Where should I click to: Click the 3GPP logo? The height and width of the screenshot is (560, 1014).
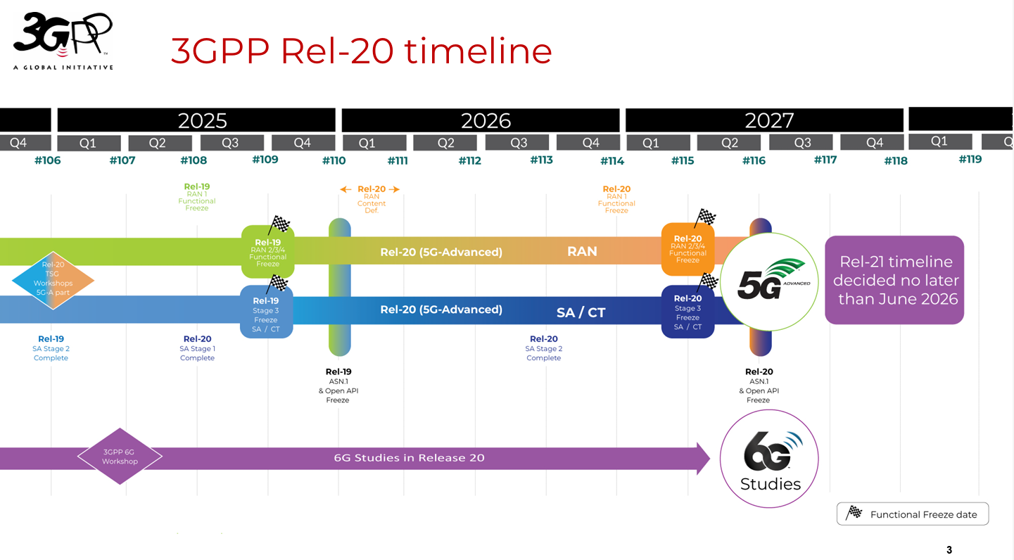(63, 41)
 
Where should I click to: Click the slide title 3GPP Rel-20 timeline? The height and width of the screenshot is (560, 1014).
(361, 51)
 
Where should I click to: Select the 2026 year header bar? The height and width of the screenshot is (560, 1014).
(481, 120)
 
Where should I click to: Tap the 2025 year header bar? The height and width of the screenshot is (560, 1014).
(196, 120)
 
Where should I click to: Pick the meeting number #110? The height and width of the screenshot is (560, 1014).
(334, 160)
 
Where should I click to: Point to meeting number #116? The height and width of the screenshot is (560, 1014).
(754, 160)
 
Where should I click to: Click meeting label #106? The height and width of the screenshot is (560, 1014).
(48, 160)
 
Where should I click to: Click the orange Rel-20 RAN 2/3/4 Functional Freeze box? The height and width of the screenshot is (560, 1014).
(687, 249)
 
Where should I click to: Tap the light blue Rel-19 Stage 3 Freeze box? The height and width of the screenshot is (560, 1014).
(266, 312)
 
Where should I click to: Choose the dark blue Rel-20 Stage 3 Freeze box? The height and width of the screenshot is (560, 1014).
(687, 312)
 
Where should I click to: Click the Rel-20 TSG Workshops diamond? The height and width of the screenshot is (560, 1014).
(53, 280)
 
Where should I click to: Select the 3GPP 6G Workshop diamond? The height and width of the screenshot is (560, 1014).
(120, 457)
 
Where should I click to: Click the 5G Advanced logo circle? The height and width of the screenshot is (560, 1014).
(771, 281)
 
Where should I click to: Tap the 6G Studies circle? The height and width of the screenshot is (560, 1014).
(770, 459)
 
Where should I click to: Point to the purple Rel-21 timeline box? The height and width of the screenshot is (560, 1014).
(894, 280)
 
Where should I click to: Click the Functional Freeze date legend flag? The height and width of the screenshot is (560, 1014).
(854, 513)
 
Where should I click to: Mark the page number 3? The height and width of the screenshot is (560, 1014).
(949, 549)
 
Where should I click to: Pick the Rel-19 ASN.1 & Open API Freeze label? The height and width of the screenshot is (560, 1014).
(338, 386)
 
